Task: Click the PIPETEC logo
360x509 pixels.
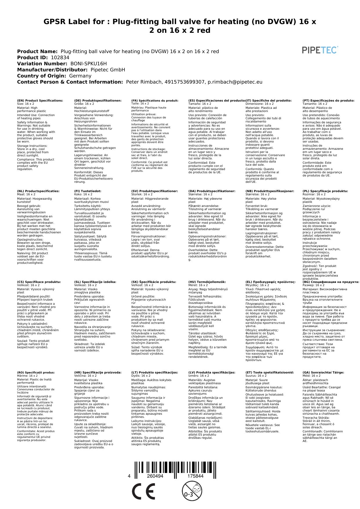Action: coord(320,50)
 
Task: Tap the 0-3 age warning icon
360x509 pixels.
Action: coord(191,491)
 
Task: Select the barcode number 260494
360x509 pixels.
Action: coord(155,476)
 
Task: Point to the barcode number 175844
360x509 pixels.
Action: coord(195,476)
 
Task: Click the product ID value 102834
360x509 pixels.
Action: coord(60,57)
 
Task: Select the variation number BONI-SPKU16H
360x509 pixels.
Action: coord(88,64)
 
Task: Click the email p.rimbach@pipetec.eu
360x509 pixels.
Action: coord(235,82)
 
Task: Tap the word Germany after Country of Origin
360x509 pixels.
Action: coord(80,76)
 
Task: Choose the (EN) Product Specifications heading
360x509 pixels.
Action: coord(40,101)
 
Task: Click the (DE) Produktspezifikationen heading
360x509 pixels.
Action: coord(98,101)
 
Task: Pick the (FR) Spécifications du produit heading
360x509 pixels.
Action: coord(155,101)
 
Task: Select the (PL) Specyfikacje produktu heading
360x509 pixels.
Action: coord(325,191)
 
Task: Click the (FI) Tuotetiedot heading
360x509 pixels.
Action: coord(88,191)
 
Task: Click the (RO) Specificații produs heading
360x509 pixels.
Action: coord(36,372)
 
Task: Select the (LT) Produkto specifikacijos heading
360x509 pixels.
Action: coord(155,372)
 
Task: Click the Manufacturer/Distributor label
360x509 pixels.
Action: coord(52,70)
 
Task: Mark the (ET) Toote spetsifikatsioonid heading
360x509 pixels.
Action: coord(269,372)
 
